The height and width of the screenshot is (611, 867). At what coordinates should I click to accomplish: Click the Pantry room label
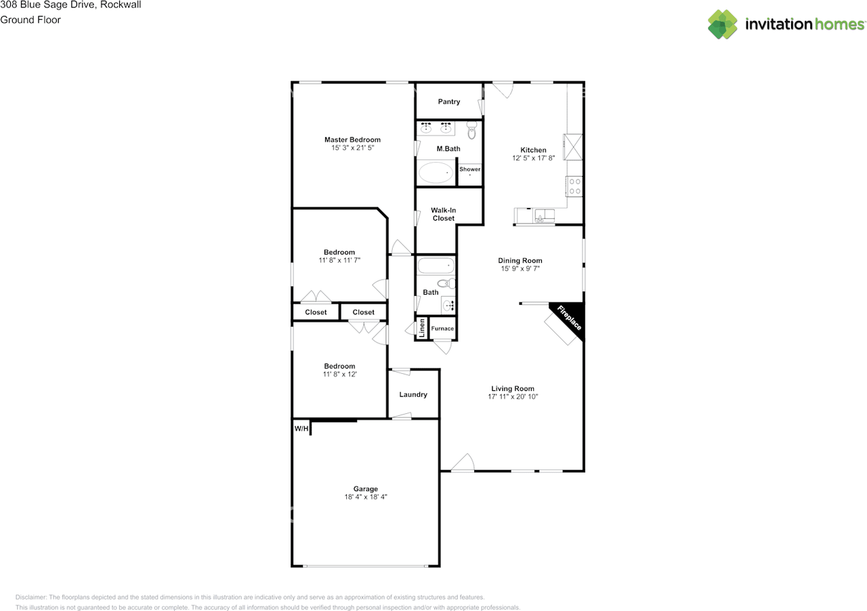[448, 102]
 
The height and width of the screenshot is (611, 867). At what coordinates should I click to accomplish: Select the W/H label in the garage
[301, 429]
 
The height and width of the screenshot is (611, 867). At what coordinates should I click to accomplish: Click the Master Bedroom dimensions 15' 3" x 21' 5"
[352, 148]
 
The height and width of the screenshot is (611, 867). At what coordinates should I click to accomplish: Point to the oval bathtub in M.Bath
[436, 173]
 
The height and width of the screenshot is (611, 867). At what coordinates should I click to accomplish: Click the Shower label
[469, 169]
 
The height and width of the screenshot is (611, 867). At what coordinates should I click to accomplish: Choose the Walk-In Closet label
[444, 214]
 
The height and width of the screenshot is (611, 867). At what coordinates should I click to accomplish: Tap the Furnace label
[442, 329]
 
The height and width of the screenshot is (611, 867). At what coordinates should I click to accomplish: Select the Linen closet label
[421, 328]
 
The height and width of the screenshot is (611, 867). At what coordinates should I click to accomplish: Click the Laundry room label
[413, 394]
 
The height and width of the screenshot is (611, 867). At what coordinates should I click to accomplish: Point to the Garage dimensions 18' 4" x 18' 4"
[365, 497]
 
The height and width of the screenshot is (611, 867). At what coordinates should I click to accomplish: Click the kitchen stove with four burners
[574, 186]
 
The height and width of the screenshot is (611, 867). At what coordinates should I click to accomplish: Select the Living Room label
[513, 389]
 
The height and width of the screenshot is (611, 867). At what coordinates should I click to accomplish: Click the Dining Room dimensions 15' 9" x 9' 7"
[520, 269]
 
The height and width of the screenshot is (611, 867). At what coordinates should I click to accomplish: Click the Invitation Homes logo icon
[723, 24]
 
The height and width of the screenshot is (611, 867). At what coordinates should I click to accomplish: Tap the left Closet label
[316, 312]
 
